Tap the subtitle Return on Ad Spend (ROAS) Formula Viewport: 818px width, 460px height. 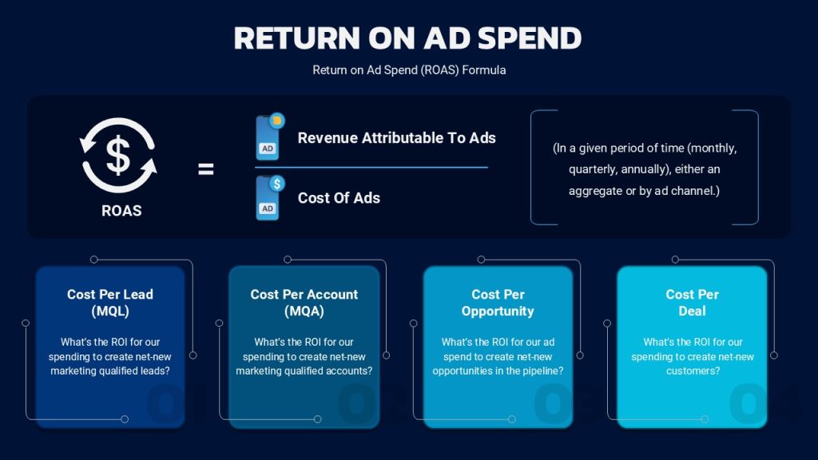(409, 70)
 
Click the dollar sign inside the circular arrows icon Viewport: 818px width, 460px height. (118, 155)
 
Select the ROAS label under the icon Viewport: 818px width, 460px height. (121, 211)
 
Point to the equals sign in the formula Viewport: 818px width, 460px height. (205, 169)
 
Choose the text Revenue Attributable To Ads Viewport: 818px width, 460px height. (396, 137)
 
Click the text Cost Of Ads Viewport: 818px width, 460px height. (339, 198)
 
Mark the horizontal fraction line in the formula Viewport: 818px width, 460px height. (371, 168)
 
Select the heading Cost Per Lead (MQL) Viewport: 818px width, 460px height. (110, 303)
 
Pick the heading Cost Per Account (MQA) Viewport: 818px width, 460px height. (304, 303)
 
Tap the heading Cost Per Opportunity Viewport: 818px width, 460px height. (498, 303)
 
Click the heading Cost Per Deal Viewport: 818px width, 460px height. (693, 303)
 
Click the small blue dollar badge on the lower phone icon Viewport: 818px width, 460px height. (277, 183)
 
